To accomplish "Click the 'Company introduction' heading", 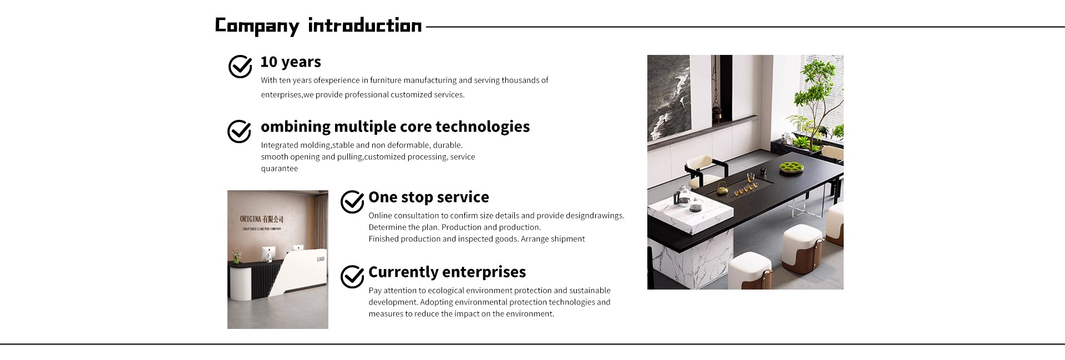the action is [318, 26].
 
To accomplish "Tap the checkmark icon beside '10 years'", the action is [240, 67].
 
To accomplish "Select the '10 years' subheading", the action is [291, 62].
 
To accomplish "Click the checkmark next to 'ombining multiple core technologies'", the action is [240, 131].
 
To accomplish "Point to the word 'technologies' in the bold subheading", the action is [483, 127].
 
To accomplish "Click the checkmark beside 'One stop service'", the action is [352, 202].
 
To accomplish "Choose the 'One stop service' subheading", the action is [429, 197].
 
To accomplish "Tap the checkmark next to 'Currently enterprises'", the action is [352, 277].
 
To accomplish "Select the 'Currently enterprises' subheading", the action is [447, 272].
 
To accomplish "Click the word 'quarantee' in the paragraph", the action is [280, 169].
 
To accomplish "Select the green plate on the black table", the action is [792, 166].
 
